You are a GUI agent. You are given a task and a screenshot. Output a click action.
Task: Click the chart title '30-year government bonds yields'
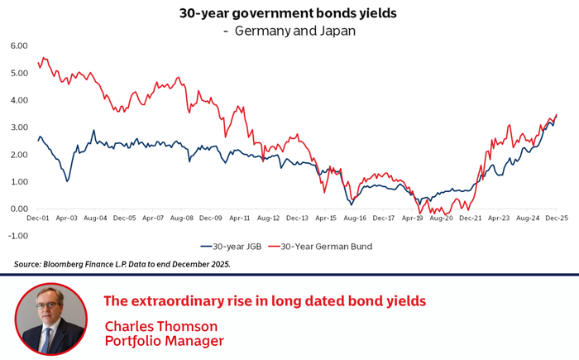coord(289,13)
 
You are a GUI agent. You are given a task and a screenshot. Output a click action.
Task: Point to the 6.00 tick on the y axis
coord(19,46)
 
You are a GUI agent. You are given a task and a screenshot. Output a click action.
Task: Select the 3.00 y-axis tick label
coord(19,127)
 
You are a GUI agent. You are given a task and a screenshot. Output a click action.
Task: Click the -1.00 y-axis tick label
coord(17,235)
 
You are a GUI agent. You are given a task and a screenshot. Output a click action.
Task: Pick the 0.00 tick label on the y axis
coord(19,209)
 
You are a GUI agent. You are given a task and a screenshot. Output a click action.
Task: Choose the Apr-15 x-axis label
coord(326,218)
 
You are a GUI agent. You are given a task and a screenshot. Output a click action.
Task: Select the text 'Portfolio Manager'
coord(164,340)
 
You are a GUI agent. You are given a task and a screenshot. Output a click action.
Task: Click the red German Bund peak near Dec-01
coord(44,58)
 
